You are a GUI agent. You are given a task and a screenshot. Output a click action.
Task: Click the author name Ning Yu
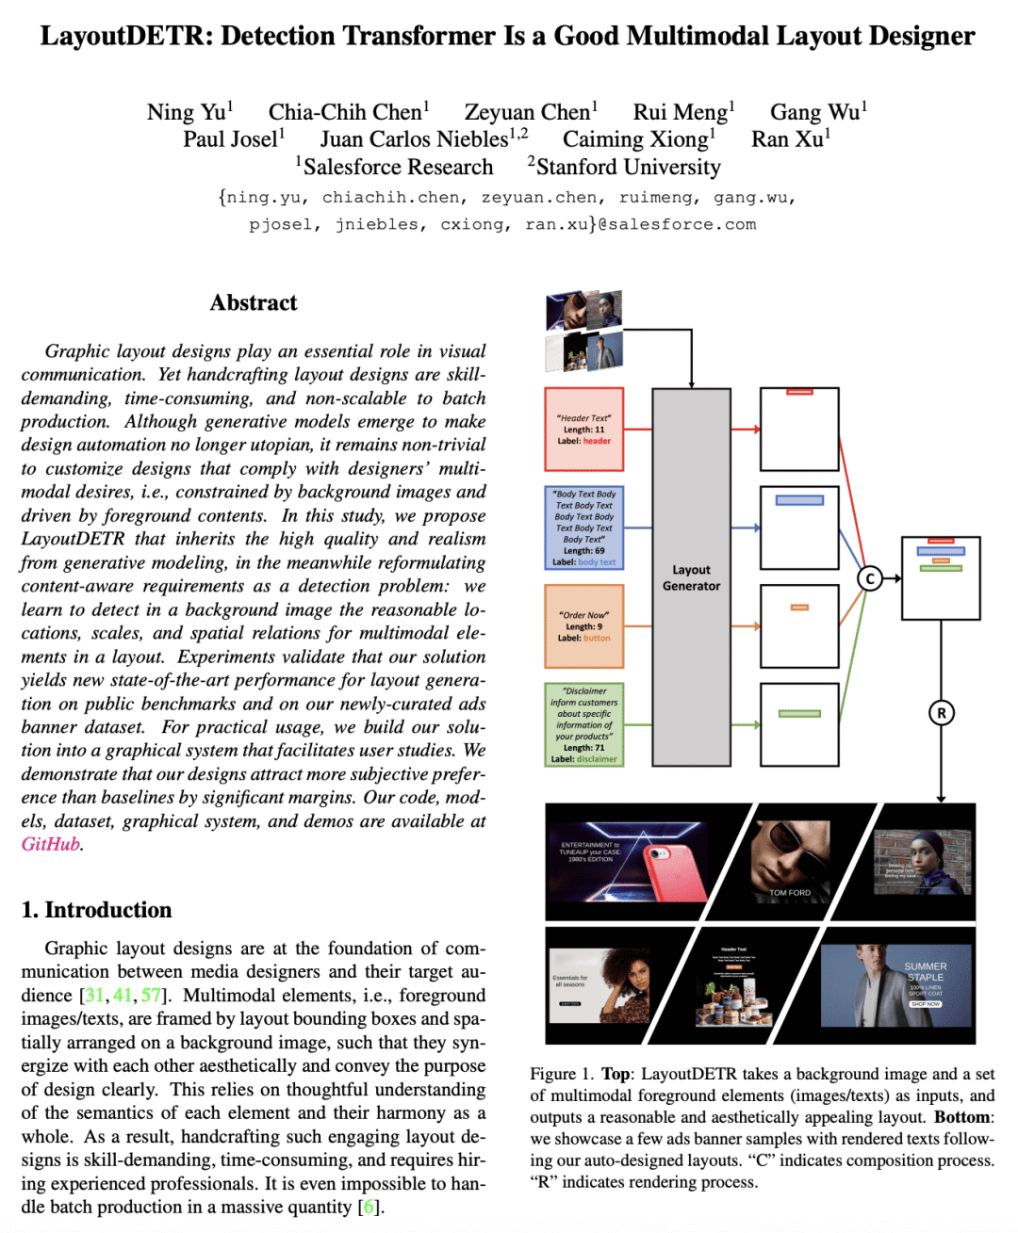click(x=187, y=112)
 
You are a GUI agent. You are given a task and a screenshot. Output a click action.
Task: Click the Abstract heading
click(x=254, y=302)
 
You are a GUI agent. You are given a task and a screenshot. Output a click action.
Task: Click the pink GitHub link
click(x=51, y=844)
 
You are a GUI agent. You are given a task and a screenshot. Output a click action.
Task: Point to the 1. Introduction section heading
click(x=97, y=910)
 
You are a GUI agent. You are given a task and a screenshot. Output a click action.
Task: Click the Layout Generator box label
click(x=691, y=577)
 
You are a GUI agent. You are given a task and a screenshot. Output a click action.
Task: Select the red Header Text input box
click(x=583, y=430)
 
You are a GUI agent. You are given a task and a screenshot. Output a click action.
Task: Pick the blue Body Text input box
click(x=583, y=527)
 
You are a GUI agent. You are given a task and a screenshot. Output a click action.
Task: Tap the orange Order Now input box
click(x=583, y=626)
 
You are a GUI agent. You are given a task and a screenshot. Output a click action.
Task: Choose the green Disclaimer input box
click(x=583, y=724)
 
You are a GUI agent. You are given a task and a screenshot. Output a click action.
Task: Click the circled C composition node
click(x=870, y=578)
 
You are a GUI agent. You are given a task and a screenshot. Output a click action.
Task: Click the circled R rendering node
click(x=941, y=713)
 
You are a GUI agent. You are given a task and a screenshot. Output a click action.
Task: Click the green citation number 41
click(x=123, y=996)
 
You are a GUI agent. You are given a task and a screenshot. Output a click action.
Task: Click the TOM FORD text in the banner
click(x=790, y=892)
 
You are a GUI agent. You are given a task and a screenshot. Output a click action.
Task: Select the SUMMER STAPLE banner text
click(x=925, y=972)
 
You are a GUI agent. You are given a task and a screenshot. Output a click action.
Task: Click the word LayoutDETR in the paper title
click(x=124, y=36)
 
